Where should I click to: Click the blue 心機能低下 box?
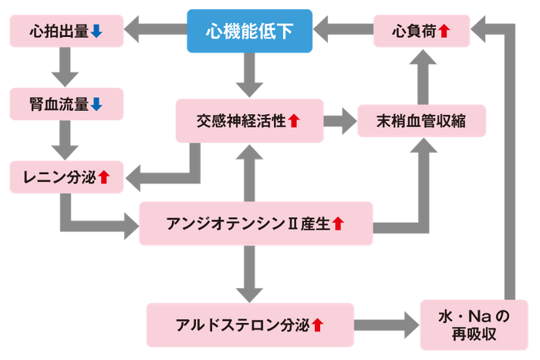(249, 31)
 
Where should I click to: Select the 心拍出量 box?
(66, 32)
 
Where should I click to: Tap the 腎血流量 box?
(66, 104)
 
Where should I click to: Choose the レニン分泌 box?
(66, 177)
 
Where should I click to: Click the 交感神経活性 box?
(248, 122)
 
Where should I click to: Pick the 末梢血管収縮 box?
(420, 122)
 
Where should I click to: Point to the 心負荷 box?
(420, 32)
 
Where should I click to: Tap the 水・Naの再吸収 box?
(468, 325)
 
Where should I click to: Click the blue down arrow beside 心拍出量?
(96, 32)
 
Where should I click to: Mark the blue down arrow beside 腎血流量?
(96, 105)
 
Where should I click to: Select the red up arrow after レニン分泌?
(104, 177)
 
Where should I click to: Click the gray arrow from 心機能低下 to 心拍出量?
(154, 32)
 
